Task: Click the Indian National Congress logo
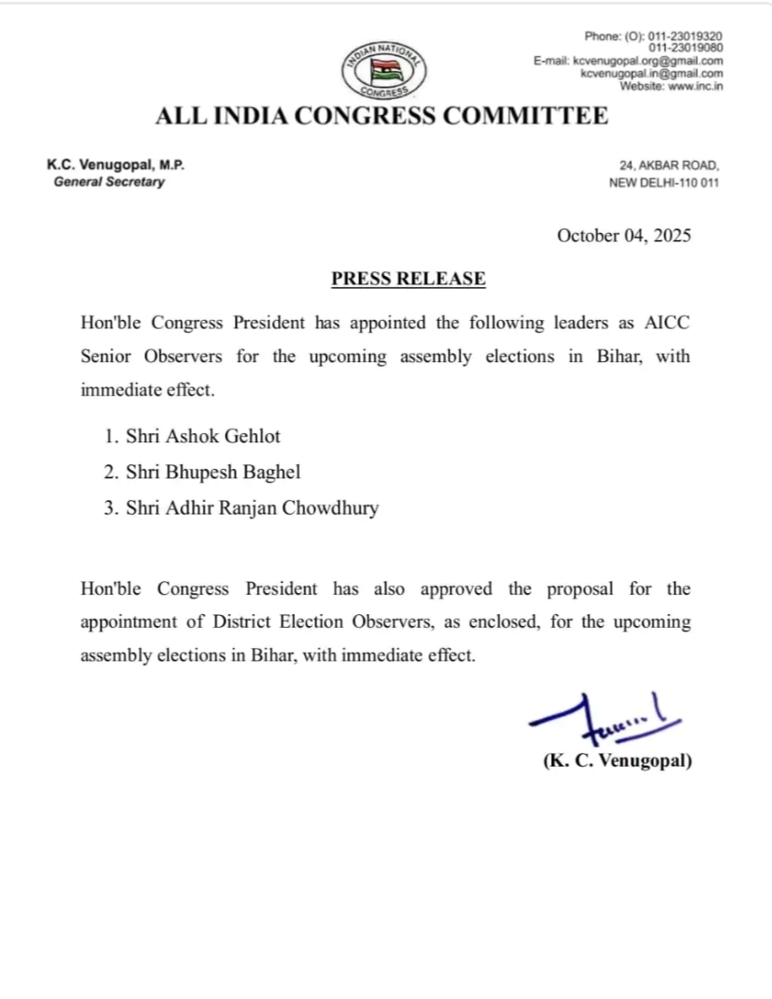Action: pos(383,70)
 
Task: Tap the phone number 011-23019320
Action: pos(686,36)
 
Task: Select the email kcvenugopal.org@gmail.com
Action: pos(648,60)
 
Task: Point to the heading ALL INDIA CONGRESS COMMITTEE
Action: pos(381,116)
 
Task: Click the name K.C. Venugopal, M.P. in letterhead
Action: pos(116,165)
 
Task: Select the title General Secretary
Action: pos(110,182)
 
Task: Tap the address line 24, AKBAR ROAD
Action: pos(669,166)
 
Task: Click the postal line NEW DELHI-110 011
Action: pos(664,183)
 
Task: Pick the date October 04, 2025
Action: pos(624,235)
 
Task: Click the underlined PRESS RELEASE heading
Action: pos(407,279)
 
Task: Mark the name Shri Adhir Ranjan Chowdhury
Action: pos(241,508)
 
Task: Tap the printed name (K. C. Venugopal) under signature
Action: pos(617,760)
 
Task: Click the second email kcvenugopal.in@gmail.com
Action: pos(652,73)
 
